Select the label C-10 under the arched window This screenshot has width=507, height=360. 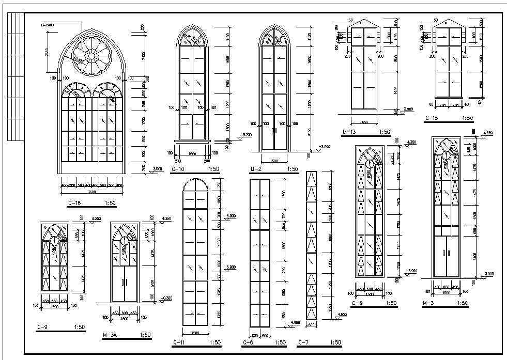178,169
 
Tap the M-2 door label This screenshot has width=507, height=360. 256,169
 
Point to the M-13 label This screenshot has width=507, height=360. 350,132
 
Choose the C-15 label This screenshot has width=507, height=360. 432,118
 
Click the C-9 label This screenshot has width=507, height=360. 43,327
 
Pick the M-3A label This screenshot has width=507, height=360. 111,335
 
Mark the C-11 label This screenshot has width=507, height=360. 178,342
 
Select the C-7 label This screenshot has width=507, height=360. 304,342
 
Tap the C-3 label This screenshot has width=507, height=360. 357,303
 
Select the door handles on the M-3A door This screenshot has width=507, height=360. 124,282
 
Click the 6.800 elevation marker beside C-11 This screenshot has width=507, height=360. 232,215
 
